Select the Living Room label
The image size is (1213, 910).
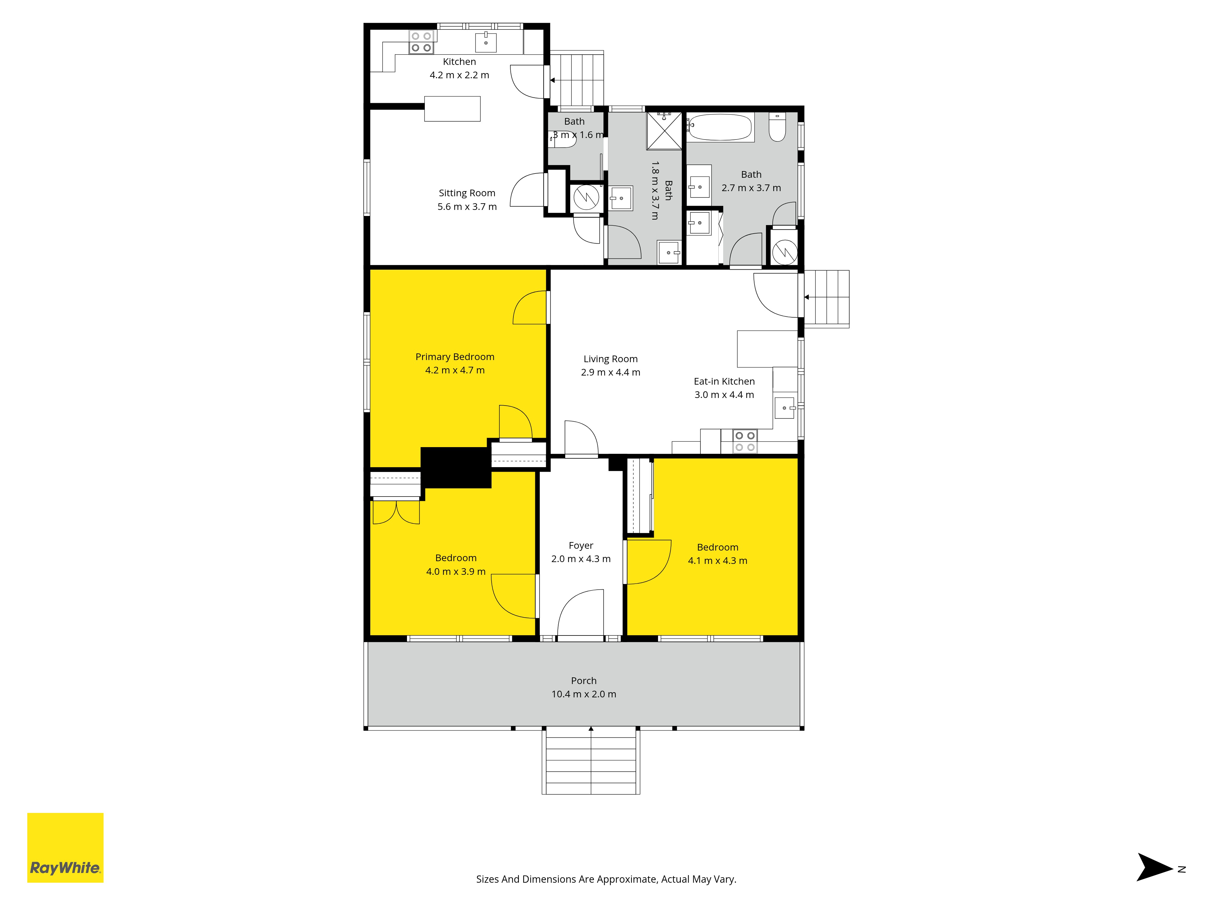pos(610,359)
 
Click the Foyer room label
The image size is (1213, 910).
pos(581,546)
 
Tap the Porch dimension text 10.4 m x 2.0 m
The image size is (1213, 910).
pos(583,694)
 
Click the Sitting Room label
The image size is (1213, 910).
pos(467,193)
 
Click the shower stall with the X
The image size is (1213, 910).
pos(664,130)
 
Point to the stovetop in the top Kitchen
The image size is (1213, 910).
pos(421,42)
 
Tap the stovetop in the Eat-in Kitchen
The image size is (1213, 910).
pos(745,441)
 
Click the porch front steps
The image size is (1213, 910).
pos(591,761)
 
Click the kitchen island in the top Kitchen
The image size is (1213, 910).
pos(452,109)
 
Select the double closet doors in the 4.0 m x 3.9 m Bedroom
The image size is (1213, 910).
pos(396,512)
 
